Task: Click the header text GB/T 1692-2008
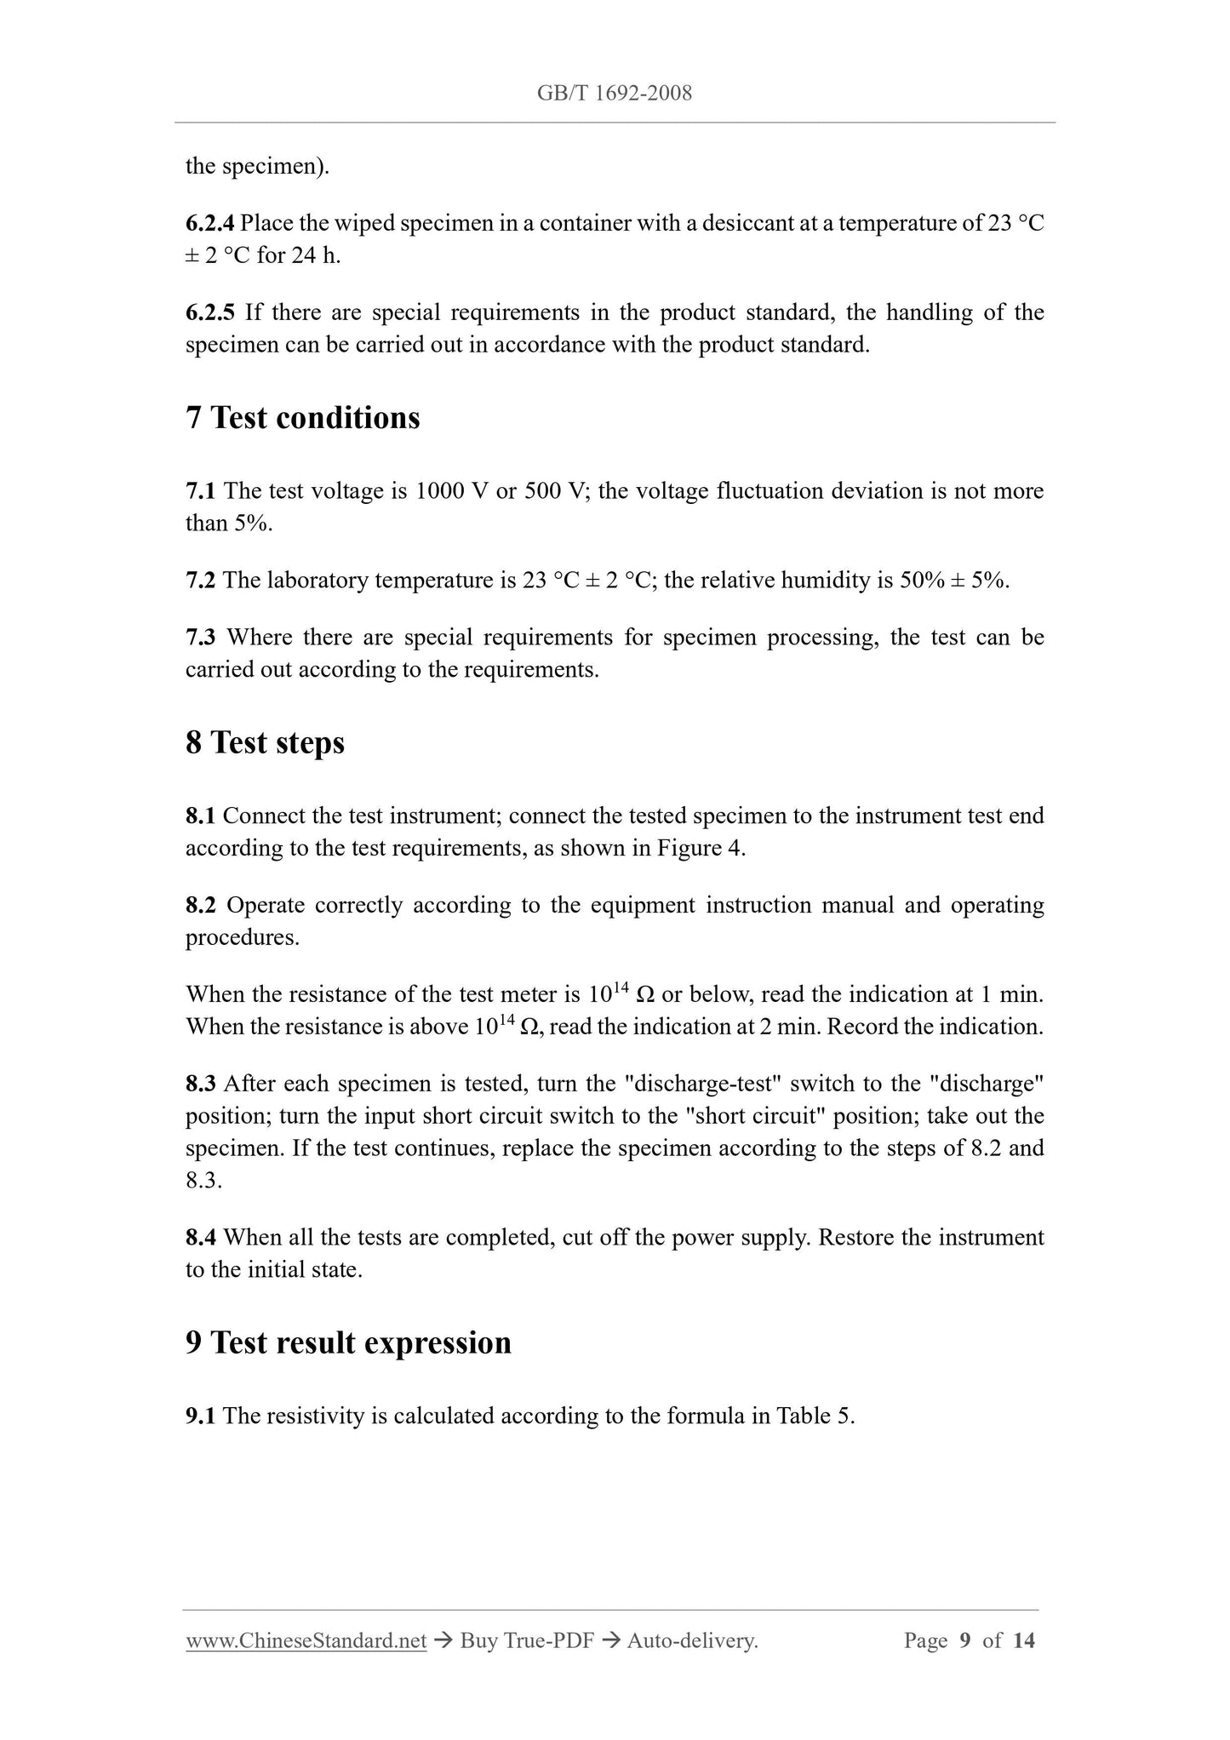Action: click(x=615, y=94)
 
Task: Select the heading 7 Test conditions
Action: click(x=303, y=418)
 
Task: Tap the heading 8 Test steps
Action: click(x=266, y=742)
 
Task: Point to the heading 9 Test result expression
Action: click(x=349, y=1342)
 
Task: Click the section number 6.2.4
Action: click(x=209, y=223)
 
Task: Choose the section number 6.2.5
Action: click(x=209, y=312)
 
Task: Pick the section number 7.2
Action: click(x=201, y=581)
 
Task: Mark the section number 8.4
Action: click(x=201, y=1237)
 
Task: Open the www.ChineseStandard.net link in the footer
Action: click(x=306, y=1640)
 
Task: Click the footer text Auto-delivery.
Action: click(x=692, y=1640)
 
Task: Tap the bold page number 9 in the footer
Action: click(x=964, y=1640)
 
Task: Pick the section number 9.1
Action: click(x=201, y=1416)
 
